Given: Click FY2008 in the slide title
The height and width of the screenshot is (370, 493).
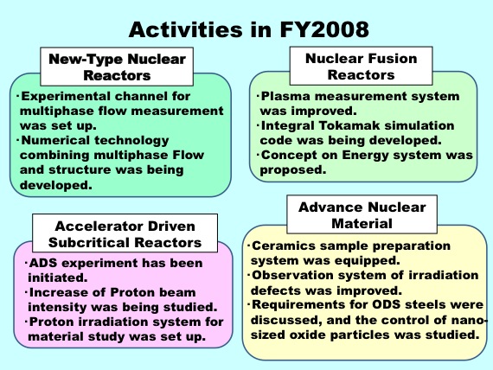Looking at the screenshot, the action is [324, 29].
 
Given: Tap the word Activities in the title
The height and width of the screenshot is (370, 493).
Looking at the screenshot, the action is [185, 29].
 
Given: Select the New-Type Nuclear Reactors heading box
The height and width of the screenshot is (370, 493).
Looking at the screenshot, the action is [117, 67].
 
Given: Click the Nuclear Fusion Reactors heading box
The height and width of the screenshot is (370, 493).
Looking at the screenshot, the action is [361, 66].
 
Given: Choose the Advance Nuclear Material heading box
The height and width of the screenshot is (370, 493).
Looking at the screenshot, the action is [362, 214].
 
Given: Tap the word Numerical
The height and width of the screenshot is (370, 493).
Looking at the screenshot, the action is [55, 140].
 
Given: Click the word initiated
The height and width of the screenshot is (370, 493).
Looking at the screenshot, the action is [58, 277].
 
